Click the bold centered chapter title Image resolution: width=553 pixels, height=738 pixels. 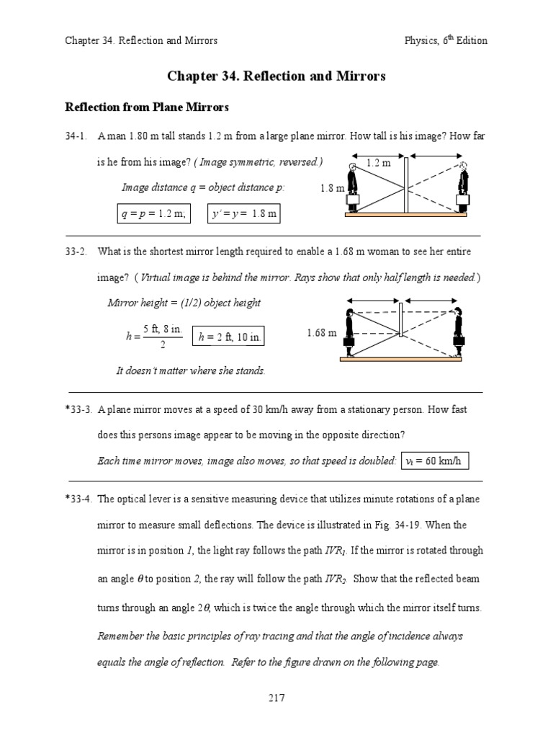[x=276, y=75]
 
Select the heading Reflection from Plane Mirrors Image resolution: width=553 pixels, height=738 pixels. [x=147, y=107]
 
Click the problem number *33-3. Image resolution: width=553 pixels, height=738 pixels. [x=78, y=409]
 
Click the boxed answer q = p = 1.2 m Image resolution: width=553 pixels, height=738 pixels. [x=154, y=214]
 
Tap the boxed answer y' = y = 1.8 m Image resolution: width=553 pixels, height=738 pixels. [x=244, y=214]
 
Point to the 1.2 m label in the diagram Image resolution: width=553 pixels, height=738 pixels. [x=378, y=164]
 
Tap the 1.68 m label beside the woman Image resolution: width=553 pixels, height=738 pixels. [x=321, y=333]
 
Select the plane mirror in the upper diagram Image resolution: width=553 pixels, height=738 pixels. [x=406, y=185]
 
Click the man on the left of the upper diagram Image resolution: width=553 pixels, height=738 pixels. [x=353, y=189]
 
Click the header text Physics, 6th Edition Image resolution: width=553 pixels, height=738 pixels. [x=446, y=40]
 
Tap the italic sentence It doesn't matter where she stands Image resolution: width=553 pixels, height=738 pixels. [x=191, y=370]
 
